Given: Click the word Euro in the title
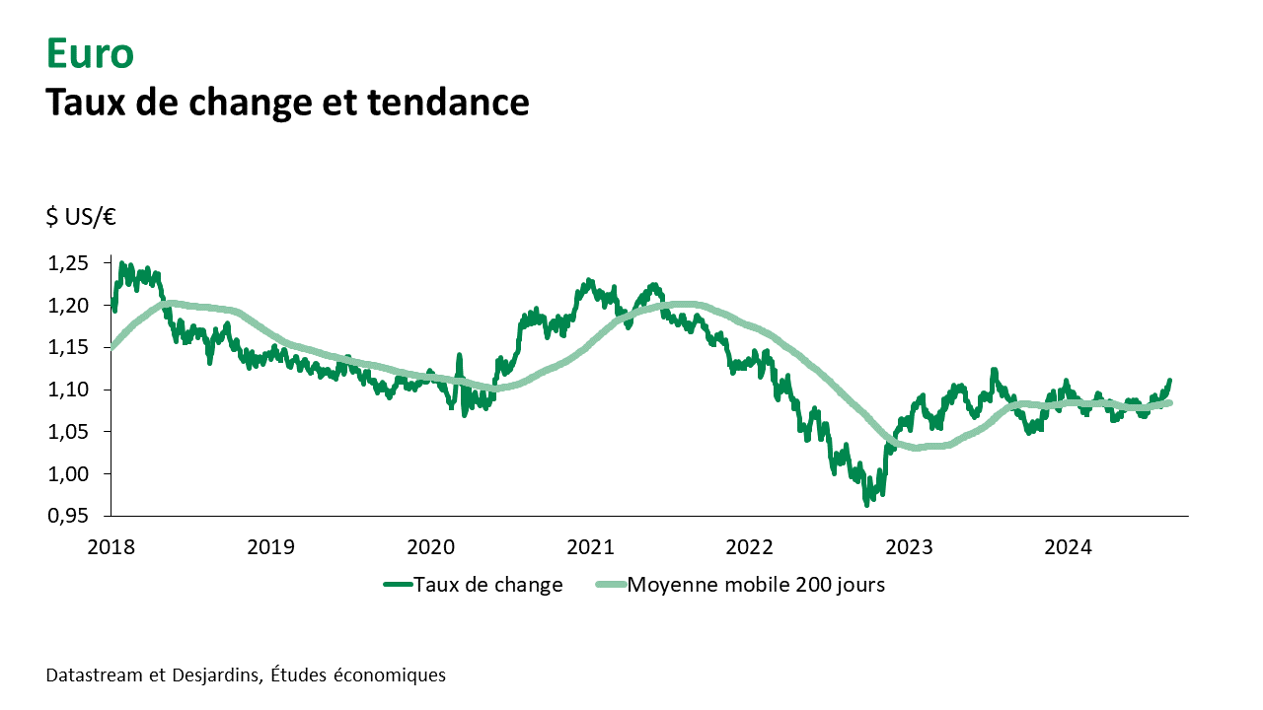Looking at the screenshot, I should [x=90, y=54].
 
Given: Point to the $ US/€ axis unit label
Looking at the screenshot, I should [x=81, y=218].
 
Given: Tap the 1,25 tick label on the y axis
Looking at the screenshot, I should [x=67, y=263].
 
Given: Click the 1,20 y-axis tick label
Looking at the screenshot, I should [x=67, y=306].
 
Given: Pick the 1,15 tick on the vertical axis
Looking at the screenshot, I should [x=67, y=348].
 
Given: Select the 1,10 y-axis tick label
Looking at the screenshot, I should [x=67, y=390].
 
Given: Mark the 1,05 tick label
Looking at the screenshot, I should [x=67, y=432].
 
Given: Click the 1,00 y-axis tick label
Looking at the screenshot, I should [x=67, y=474].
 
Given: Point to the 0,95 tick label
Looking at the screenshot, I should [x=67, y=517].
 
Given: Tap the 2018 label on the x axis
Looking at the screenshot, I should [x=111, y=545].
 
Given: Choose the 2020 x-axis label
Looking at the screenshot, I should [x=430, y=545].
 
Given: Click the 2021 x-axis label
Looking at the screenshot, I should [x=590, y=545].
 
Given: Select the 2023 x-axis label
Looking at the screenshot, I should [x=909, y=545].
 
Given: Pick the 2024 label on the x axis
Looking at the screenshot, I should [x=1068, y=545].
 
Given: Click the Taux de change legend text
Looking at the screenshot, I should [x=488, y=585].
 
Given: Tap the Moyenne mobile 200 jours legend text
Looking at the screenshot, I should [x=756, y=585].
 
